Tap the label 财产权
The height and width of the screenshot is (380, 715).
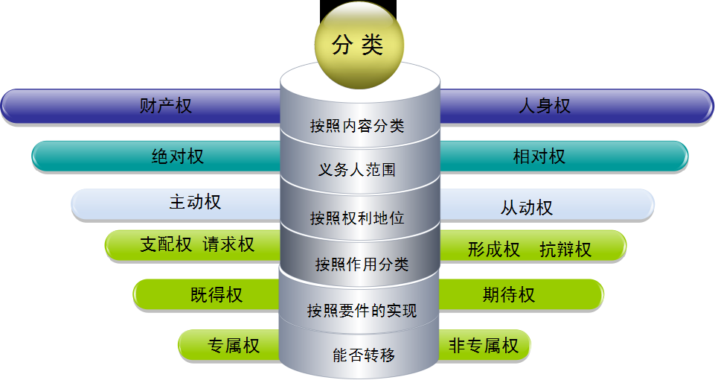(x=165, y=106)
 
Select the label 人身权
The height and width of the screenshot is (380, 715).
(x=545, y=106)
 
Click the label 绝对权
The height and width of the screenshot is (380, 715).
(x=177, y=156)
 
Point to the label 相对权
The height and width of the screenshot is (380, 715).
(x=539, y=156)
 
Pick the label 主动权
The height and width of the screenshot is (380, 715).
(x=195, y=202)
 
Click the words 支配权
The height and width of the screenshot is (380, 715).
(x=166, y=244)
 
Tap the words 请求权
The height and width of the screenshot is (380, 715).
(x=228, y=244)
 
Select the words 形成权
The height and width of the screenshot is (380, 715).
(x=494, y=250)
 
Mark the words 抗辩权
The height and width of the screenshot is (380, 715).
(x=565, y=250)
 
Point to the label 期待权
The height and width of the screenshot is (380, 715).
(x=509, y=295)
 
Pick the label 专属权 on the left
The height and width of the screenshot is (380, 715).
(x=234, y=346)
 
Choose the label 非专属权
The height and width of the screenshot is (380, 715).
(x=484, y=346)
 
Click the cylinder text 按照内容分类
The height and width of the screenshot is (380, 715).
(x=357, y=126)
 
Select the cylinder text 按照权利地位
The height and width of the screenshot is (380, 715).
(x=357, y=218)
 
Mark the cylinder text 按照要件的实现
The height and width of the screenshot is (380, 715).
(x=362, y=311)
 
